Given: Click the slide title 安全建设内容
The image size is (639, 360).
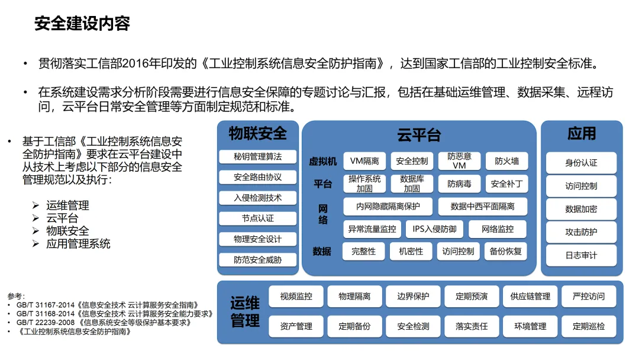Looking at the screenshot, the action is [82, 24].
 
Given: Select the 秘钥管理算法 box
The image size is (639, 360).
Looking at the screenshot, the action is [257, 156].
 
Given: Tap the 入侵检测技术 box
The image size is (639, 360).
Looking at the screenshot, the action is [257, 198].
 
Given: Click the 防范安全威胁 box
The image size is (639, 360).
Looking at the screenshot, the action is [257, 259].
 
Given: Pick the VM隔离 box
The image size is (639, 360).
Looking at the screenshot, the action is [364, 161].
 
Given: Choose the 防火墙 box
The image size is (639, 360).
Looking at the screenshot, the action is [507, 161].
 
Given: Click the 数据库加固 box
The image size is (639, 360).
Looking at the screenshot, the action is [412, 184].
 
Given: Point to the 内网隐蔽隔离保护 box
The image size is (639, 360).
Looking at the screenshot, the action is [388, 207].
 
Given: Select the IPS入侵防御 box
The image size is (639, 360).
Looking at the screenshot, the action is [434, 229].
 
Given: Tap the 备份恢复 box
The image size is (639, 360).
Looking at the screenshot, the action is [506, 251].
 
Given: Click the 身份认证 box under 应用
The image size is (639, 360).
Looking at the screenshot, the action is [581, 163].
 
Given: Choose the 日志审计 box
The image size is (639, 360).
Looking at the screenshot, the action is [581, 255].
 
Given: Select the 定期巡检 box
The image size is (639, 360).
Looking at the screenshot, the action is [589, 326].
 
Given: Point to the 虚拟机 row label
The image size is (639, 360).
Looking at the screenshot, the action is [323, 161].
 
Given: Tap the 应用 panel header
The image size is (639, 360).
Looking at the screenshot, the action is [582, 134].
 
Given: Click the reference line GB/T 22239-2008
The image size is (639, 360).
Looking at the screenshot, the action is [104, 323].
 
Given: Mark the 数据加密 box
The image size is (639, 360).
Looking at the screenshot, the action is [581, 209].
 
